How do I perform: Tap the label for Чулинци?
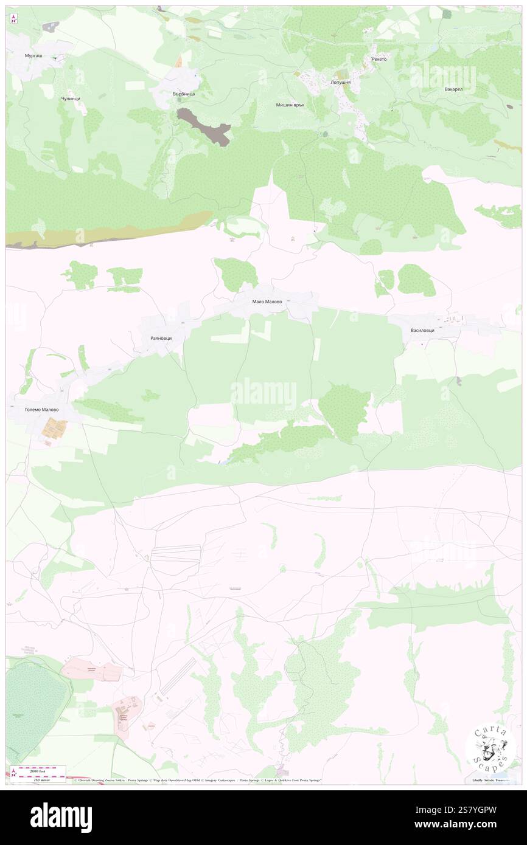tap(71, 98)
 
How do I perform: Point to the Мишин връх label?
tap(290, 105)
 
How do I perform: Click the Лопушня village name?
tap(341, 81)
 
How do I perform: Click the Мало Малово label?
tap(267, 301)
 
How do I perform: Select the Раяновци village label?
tap(161, 337)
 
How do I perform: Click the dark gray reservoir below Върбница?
tap(203, 125)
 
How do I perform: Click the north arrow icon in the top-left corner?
tap(13, 18)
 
